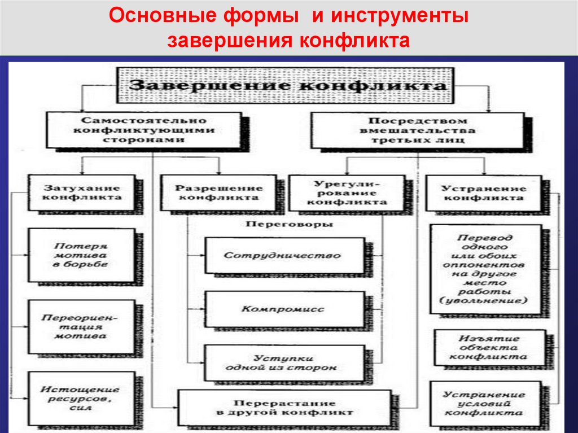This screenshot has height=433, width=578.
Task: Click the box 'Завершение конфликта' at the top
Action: click(284, 86)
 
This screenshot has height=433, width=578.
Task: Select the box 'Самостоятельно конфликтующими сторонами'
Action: click(144, 130)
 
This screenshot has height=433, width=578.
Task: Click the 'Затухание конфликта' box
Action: click(82, 193)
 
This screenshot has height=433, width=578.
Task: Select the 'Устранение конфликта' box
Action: click(483, 193)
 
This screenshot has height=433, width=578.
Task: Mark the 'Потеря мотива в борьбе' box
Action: click(82, 255)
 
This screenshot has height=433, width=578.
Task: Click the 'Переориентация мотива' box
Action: click(82, 327)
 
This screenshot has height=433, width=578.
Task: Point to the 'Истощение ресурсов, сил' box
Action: click(82, 398)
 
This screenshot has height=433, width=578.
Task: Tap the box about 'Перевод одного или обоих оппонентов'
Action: click(485, 269)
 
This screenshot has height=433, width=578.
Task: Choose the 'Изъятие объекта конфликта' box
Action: click(489, 347)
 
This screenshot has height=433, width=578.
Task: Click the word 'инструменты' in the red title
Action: click(400, 16)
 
